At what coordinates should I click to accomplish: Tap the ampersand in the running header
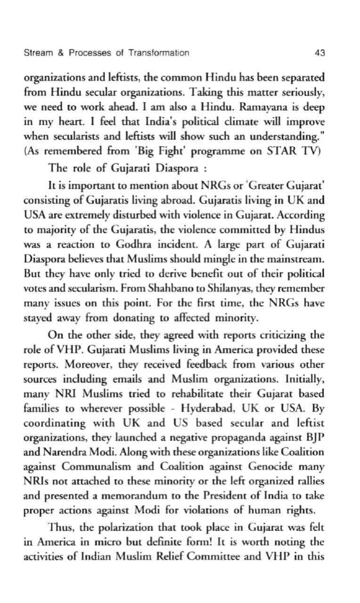tap(60, 53)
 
